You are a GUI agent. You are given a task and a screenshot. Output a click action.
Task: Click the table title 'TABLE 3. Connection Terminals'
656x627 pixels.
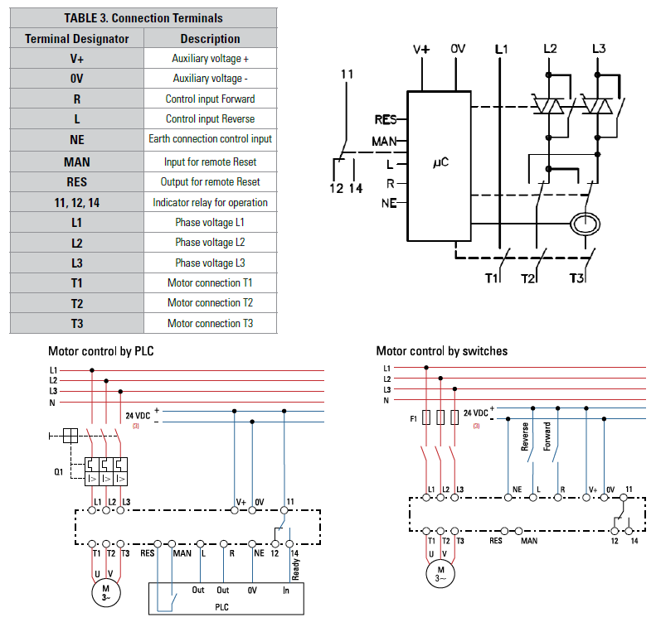click(143, 17)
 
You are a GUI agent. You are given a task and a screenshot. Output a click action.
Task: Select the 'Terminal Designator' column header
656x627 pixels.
click(77, 38)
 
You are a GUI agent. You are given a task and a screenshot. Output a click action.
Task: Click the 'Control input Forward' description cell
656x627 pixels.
click(211, 99)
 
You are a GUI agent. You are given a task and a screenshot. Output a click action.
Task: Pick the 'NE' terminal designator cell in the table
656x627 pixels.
click(77, 139)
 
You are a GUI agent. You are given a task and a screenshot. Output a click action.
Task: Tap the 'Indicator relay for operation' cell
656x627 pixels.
click(211, 202)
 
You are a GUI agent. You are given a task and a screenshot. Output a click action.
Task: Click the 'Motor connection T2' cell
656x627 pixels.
click(211, 303)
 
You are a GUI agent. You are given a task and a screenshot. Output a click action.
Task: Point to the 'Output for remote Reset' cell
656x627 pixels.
click(211, 181)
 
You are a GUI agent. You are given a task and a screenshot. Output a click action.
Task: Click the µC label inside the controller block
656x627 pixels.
click(440, 163)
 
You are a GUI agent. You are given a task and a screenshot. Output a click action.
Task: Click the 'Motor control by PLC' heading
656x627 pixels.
click(100, 351)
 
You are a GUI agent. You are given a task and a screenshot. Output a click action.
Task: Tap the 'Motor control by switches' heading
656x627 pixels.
click(441, 351)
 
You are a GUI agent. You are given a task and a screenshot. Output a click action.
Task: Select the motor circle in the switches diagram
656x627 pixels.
click(441, 572)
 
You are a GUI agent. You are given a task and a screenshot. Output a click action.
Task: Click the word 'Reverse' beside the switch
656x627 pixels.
click(525, 436)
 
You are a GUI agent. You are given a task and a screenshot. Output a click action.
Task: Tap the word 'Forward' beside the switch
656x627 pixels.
click(547, 436)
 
